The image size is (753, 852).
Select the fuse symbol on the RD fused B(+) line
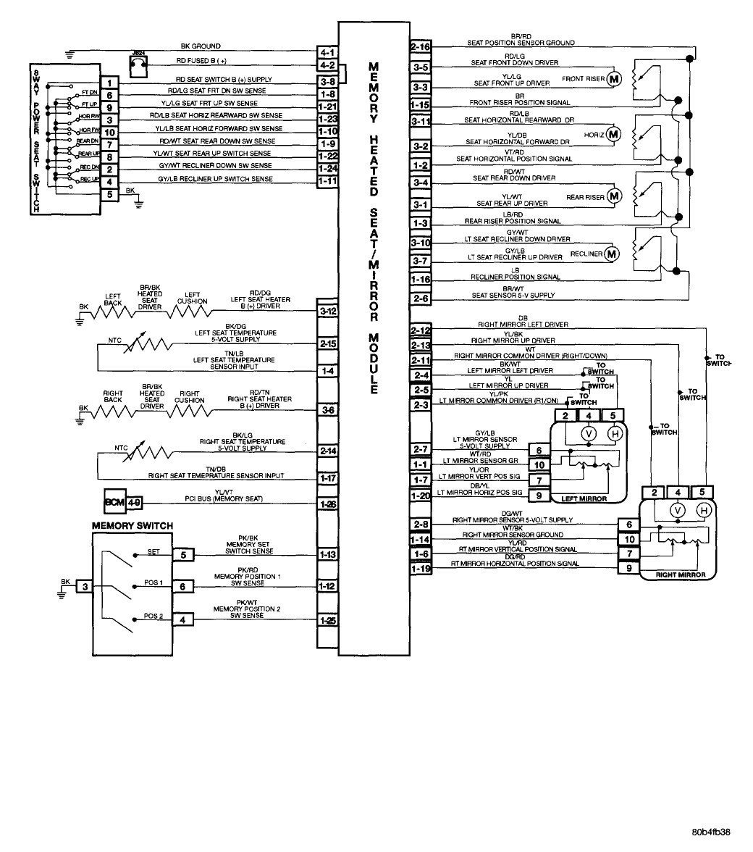(138, 65)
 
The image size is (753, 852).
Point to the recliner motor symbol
(612, 253)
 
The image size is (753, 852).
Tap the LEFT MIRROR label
(583, 498)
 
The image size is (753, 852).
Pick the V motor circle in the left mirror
(588, 433)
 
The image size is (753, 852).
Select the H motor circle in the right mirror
(702, 511)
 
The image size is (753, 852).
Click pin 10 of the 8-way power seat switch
(109, 132)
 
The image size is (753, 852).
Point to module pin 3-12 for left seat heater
(327, 311)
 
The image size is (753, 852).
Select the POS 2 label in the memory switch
(152, 616)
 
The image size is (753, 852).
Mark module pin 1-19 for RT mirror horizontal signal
(420, 569)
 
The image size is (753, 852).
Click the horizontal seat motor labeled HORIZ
(613, 134)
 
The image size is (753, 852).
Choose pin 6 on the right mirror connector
(628, 525)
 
